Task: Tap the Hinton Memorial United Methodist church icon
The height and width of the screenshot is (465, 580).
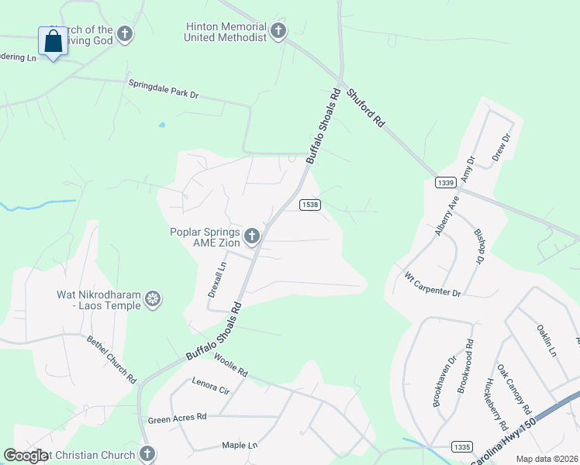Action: pyautogui.click(x=278, y=32)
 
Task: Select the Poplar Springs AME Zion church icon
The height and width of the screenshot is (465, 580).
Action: pyautogui.click(x=252, y=236)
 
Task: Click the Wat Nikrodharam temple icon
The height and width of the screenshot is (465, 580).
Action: pyautogui.click(x=154, y=299)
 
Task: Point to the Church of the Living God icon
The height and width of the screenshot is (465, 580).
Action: pyautogui.click(x=125, y=34)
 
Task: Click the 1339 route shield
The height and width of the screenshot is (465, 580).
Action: pyautogui.click(x=444, y=182)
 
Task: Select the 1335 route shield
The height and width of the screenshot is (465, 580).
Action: pyautogui.click(x=461, y=446)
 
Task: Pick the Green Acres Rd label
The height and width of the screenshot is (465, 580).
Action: pyautogui.click(x=177, y=418)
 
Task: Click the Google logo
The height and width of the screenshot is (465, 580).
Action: pyautogui.click(x=26, y=456)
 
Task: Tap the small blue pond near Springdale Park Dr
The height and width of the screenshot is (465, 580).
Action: pyautogui.click(x=161, y=124)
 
